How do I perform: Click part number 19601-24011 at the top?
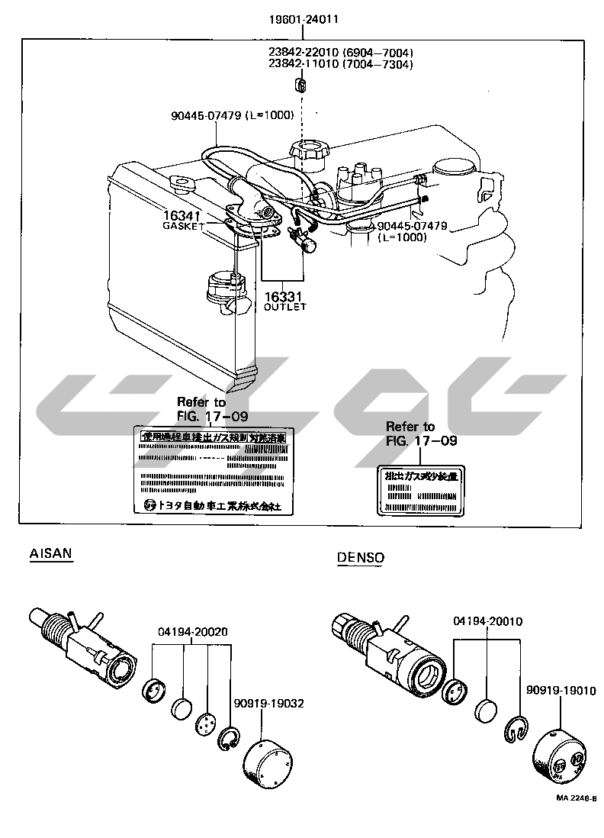pyautogui.click(x=303, y=18)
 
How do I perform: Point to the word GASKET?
pyautogui.click(x=184, y=227)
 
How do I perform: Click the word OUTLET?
pyautogui.click(x=284, y=307)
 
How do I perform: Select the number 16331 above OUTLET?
pyautogui.click(x=284, y=296)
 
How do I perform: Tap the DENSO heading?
pyautogui.click(x=361, y=557)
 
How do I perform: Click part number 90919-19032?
pyautogui.click(x=269, y=703)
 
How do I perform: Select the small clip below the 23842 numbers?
pyautogui.click(x=301, y=83)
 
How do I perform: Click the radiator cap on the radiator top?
pyautogui.click(x=183, y=185)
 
